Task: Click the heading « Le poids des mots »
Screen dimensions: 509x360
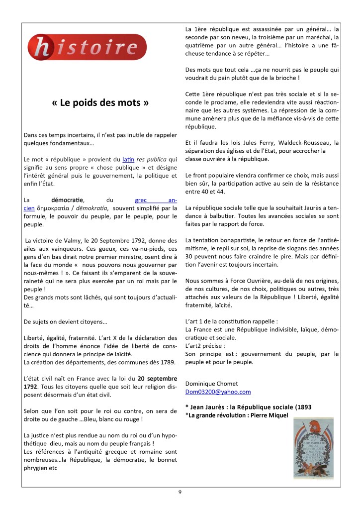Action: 100,104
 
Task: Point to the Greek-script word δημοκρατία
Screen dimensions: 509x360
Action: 56,208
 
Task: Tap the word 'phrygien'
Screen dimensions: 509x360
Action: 37,468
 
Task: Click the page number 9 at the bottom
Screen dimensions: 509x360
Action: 180,492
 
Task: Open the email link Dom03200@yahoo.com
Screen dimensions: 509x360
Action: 218,392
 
